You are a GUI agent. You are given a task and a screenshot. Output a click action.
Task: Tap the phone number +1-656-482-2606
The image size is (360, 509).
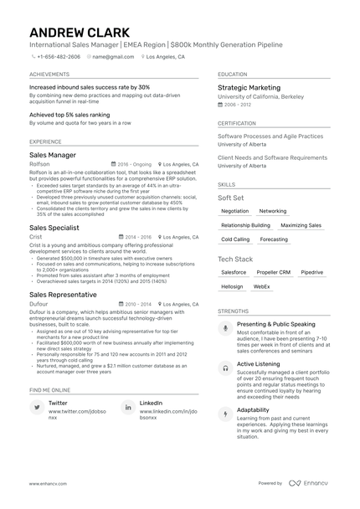point(59,57)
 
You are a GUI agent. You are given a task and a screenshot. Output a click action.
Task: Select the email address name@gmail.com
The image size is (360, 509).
point(113,57)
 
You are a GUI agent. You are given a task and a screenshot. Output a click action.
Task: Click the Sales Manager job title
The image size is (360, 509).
point(53,155)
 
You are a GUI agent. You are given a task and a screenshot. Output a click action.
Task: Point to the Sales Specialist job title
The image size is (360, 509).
point(54,227)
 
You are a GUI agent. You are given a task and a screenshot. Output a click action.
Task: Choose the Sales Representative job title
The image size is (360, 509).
point(64,295)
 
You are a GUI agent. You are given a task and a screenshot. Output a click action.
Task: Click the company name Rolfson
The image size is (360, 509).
point(39,165)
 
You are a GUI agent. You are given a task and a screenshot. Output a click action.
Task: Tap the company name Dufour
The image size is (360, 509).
point(39,305)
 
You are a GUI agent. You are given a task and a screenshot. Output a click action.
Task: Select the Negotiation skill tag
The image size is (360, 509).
point(235,211)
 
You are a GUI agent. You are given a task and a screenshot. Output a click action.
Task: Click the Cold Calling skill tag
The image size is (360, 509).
point(235,239)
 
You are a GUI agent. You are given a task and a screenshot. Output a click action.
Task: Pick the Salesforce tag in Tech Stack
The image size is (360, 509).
point(234,272)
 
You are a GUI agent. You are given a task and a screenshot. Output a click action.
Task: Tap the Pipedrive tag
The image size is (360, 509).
point(311,272)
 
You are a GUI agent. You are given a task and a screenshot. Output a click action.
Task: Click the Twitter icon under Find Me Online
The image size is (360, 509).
point(37,407)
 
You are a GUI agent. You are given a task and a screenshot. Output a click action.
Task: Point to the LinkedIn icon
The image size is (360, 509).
point(127,407)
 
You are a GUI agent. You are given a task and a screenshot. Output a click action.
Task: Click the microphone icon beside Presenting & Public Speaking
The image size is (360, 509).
point(225,328)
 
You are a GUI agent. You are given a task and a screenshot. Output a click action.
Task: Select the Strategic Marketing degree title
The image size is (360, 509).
point(249,87)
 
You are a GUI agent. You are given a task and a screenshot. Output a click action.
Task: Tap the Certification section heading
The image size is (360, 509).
point(237,123)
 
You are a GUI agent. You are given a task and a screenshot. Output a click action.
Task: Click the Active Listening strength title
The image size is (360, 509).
point(259,365)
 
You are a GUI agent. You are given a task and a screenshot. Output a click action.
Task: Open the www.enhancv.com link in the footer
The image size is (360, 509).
point(47,483)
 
